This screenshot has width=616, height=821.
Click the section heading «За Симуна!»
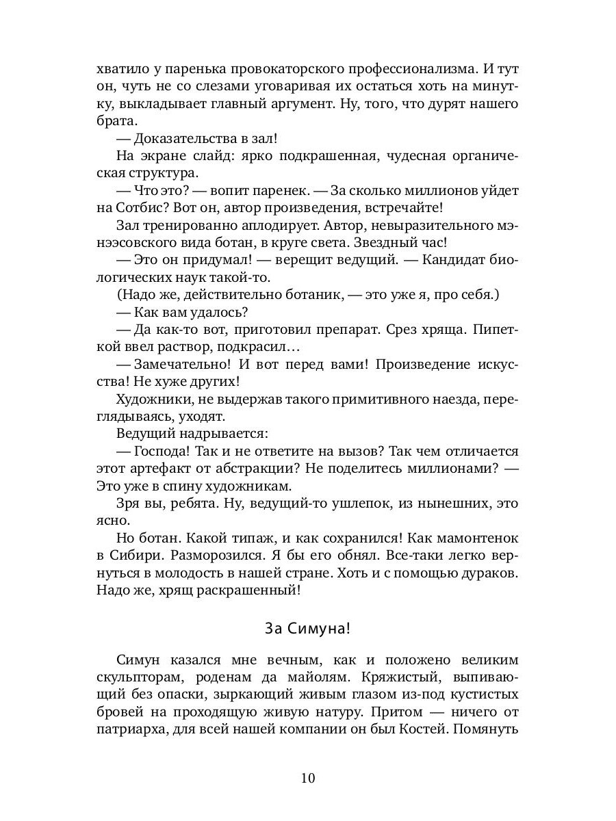tap(307, 627)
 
